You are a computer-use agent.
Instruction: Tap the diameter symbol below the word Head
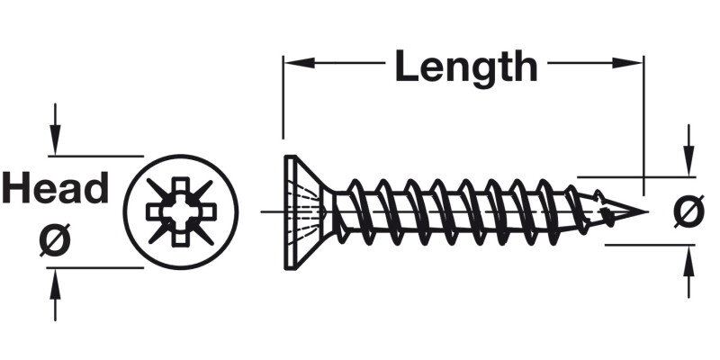[x=55, y=241]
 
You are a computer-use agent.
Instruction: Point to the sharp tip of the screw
[x=645, y=212]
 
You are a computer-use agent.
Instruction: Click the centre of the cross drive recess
[x=180, y=212]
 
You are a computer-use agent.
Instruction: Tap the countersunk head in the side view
[x=302, y=212]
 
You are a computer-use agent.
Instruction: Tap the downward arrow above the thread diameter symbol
[x=688, y=162]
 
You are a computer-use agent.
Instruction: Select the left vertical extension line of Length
[x=283, y=103]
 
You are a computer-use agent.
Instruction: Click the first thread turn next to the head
[x=352, y=212]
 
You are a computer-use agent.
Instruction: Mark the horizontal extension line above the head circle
[x=99, y=156]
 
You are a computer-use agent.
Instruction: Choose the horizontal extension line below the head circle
[x=99, y=268]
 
